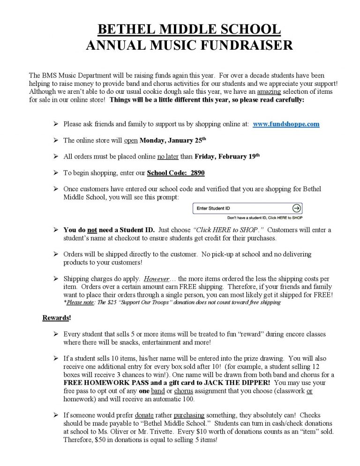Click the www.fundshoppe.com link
point(286,124)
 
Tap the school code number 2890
point(197,173)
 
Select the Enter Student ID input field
point(242,208)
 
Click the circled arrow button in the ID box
point(296,208)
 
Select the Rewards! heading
point(57,318)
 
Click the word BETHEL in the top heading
point(127,30)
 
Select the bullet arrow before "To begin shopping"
point(55,173)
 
